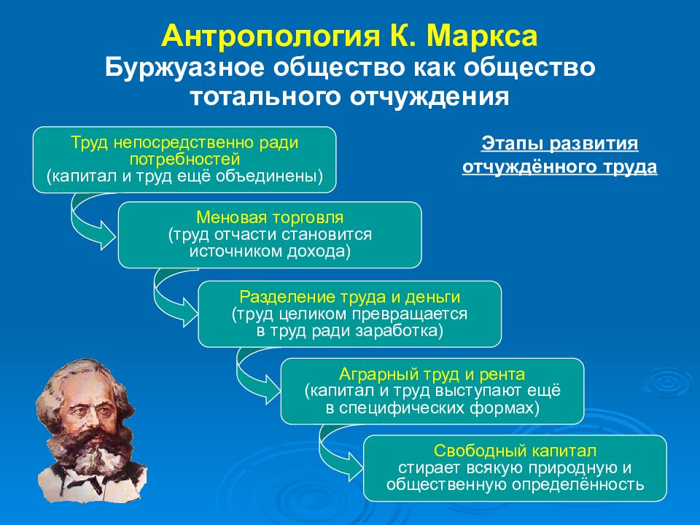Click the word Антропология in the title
click(269, 36)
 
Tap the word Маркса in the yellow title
click(482, 36)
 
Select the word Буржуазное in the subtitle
click(184, 68)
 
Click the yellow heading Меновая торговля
click(270, 217)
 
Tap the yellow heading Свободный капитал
click(515, 451)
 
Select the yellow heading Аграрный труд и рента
click(432, 373)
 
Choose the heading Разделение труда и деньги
click(349, 297)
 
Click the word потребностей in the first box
click(184, 160)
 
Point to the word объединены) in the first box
click(269, 176)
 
